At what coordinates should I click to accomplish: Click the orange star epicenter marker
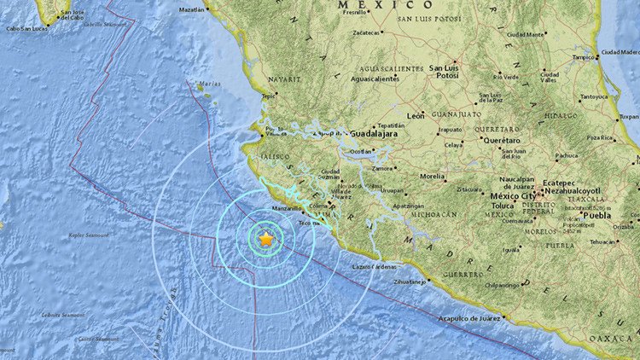(266, 240)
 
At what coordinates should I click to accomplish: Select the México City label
(512, 196)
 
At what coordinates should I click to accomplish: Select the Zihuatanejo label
(404, 281)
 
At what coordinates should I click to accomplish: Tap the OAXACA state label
(620, 337)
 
